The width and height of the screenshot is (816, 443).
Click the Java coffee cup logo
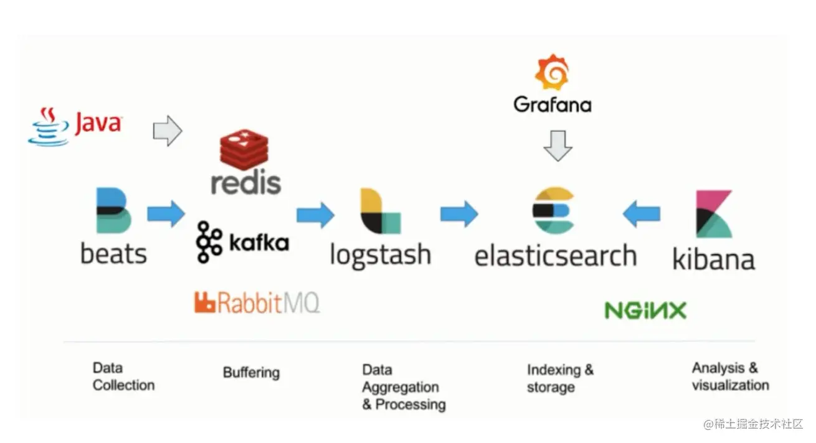[x=48, y=126]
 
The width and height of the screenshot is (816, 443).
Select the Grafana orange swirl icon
[x=552, y=72]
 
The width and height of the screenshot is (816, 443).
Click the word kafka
[x=259, y=242]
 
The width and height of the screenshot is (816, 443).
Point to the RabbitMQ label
[x=257, y=302]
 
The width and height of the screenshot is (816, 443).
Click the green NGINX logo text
[x=645, y=310]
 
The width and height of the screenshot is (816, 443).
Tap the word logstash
[x=380, y=255]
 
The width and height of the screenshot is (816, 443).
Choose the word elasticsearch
[x=555, y=256]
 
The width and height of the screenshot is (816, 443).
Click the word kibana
[x=713, y=259]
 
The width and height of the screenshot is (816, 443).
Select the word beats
[x=113, y=254]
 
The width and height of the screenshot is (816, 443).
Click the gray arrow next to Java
[x=168, y=131]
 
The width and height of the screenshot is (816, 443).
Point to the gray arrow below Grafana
[x=557, y=145]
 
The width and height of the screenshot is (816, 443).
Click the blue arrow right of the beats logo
[x=166, y=214]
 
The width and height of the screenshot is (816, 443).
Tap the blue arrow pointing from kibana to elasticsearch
[x=641, y=214]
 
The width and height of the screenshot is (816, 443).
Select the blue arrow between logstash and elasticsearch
[x=459, y=214]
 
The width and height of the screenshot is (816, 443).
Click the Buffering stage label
[x=251, y=373]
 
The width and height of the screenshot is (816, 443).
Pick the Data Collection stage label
[x=123, y=376]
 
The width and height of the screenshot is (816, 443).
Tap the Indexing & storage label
[x=560, y=378]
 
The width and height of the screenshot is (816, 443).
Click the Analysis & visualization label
[x=730, y=376]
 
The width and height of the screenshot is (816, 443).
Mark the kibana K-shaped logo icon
[x=714, y=214]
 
